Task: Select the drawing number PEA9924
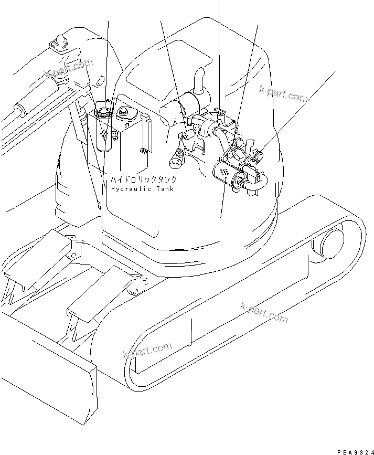349,449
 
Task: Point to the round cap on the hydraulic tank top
124,112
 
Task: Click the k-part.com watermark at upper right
284,94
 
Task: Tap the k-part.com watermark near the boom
69,68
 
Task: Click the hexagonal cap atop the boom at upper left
59,41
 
